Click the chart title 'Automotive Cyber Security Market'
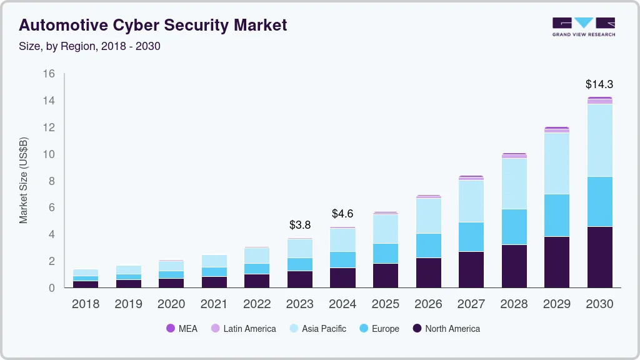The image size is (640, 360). click(x=153, y=25)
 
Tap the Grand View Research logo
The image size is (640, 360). click(x=583, y=26)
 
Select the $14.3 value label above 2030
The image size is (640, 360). click(x=599, y=84)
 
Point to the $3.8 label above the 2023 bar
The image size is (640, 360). click(x=300, y=225)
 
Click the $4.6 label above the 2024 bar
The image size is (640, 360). click(x=342, y=214)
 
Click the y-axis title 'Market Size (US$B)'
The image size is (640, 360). click(x=24, y=180)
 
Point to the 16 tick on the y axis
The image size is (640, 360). click(x=49, y=74)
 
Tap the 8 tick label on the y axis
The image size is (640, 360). click(x=52, y=181)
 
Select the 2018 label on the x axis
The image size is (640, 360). click(x=86, y=304)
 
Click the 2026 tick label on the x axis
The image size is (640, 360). click(x=428, y=304)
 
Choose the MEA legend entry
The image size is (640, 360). click(x=182, y=328)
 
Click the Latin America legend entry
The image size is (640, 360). click(x=243, y=328)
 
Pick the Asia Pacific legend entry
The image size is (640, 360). click(x=317, y=328)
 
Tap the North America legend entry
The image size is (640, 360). click(x=446, y=328)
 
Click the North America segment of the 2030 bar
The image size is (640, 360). click(x=599, y=257)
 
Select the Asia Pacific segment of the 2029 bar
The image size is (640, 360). click(x=557, y=163)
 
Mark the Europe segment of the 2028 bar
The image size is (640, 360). click(x=514, y=227)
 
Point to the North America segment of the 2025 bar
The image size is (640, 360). click(x=386, y=276)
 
